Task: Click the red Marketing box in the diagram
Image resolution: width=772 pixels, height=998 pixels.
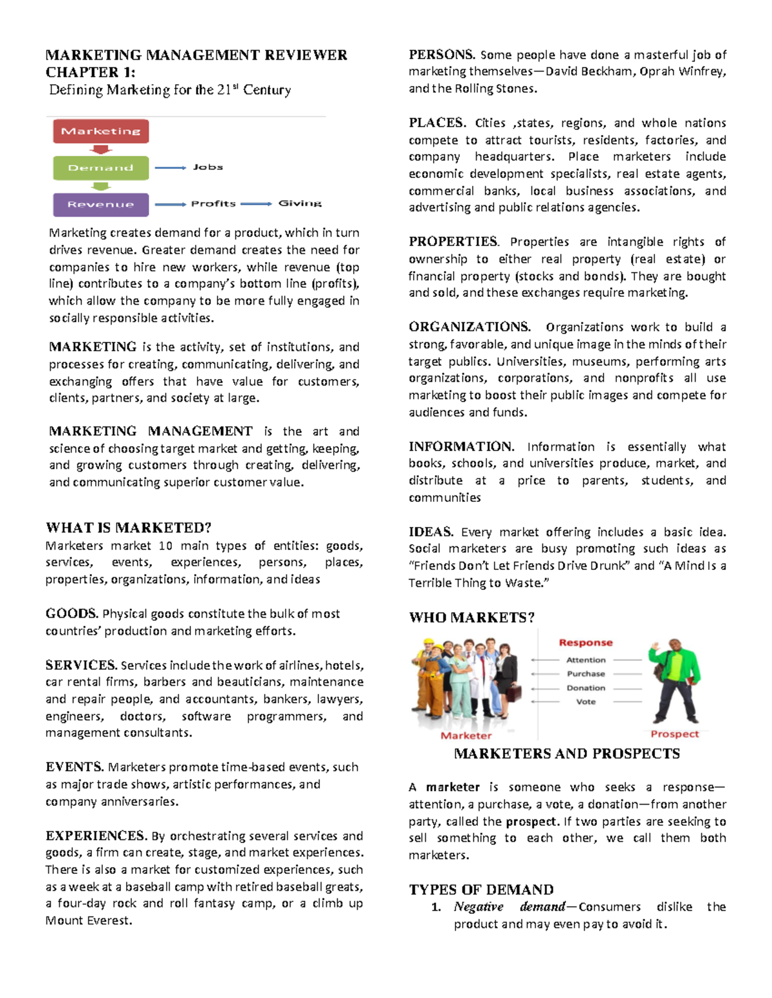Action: click(100, 131)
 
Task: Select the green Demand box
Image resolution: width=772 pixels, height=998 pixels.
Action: click(100, 168)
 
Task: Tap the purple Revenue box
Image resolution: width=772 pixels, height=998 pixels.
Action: click(100, 204)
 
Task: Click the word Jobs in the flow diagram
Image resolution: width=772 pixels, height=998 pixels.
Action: click(207, 167)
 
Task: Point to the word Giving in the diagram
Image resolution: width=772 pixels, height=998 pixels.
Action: click(299, 203)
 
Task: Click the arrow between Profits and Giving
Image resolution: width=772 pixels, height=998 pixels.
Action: click(256, 204)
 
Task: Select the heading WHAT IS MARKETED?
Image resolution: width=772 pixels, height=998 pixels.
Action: click(128, 528)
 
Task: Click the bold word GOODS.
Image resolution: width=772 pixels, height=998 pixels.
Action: click(71, 613)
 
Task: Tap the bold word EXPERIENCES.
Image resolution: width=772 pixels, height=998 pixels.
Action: click(96, 835)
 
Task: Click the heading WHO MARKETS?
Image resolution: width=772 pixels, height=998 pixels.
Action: click(472, 618)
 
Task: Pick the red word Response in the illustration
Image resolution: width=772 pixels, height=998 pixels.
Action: click(585, 643)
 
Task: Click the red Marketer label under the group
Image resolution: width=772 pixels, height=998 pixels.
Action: click(466, 735)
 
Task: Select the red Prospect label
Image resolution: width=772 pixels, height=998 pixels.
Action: click(674, 734)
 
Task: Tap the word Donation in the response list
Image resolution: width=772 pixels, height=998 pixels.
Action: click(585, 688)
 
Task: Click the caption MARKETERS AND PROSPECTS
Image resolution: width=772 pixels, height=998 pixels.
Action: click(567, 753)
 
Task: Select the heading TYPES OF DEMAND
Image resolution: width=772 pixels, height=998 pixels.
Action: click(481, 889)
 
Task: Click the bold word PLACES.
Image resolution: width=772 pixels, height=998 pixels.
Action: click(437, 123)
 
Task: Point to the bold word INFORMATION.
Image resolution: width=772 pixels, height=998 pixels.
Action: click(461, 446)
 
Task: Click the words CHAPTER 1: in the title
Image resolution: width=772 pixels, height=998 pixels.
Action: click(90, 72)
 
